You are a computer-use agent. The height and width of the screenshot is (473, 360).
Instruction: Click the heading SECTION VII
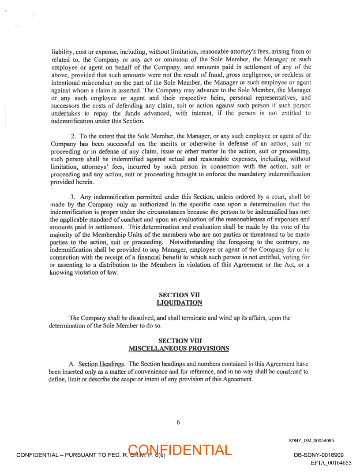179,295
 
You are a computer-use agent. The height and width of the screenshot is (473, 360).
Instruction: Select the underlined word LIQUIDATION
179,302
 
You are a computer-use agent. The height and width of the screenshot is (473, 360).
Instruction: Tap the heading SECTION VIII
179,341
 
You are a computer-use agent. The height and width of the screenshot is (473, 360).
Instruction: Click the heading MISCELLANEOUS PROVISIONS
179,348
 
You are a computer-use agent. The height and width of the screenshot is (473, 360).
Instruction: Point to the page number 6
178,422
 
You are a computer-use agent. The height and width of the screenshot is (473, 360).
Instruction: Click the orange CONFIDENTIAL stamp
180,450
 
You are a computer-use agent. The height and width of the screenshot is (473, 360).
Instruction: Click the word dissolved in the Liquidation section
138,318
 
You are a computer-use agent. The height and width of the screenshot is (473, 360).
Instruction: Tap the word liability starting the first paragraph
62,51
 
